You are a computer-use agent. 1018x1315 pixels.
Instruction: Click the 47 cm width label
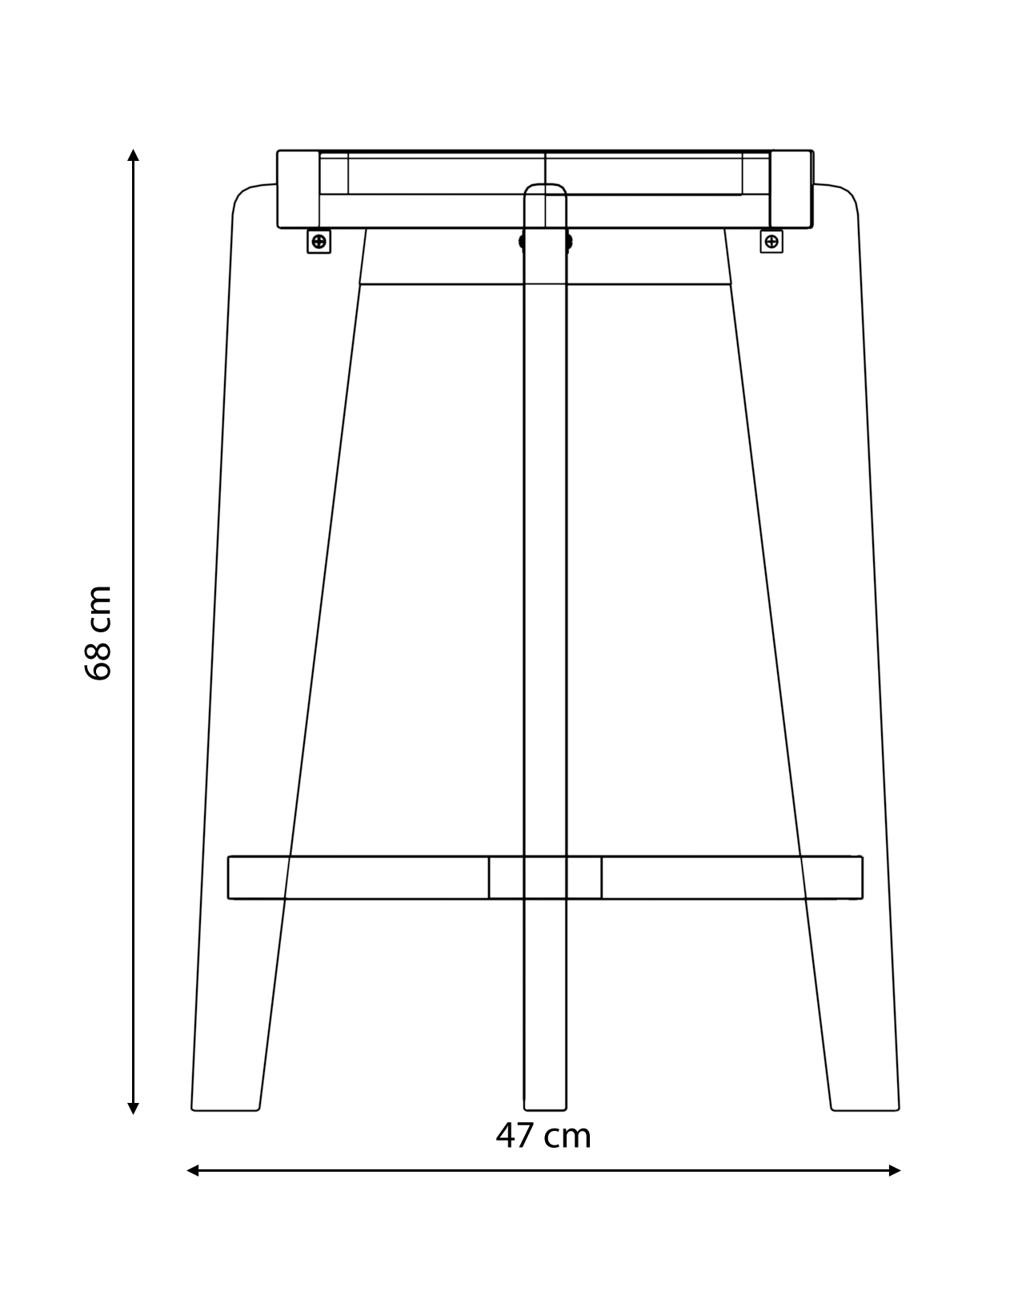pyautogui.click(x=543, y=1136)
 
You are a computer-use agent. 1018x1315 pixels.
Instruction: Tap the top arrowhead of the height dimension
pyautogui.click(x=134, y=154)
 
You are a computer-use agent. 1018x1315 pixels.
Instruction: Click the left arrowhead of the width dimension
pyautogui.click(x=193, y=1170)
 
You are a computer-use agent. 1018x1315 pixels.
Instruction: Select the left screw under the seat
pyautogui.click(x=319, y=241)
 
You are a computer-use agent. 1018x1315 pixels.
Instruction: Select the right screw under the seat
pyautogui.click(x=771, y=241)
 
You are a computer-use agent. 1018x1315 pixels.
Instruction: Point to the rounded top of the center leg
pyautogui.click(x=544, y=190)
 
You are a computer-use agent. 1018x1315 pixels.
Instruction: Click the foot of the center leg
pyautogui.click(x=544, y=1105)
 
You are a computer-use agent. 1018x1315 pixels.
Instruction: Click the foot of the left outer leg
pyautogui.click(x=226, y=1105)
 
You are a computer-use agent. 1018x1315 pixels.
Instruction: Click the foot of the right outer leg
pyautogui.click(x=865, y=1105)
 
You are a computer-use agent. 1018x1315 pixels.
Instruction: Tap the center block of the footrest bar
pyautogui.click(x=544, y=877)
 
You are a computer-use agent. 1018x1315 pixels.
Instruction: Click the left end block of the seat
pyautogui.click(x=298, y=189)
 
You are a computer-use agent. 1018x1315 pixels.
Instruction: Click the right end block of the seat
pyautogui.click(x=792, y=189)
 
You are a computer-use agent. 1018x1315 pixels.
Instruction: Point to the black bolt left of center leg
pyautogui.click(x=521, y=241)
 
